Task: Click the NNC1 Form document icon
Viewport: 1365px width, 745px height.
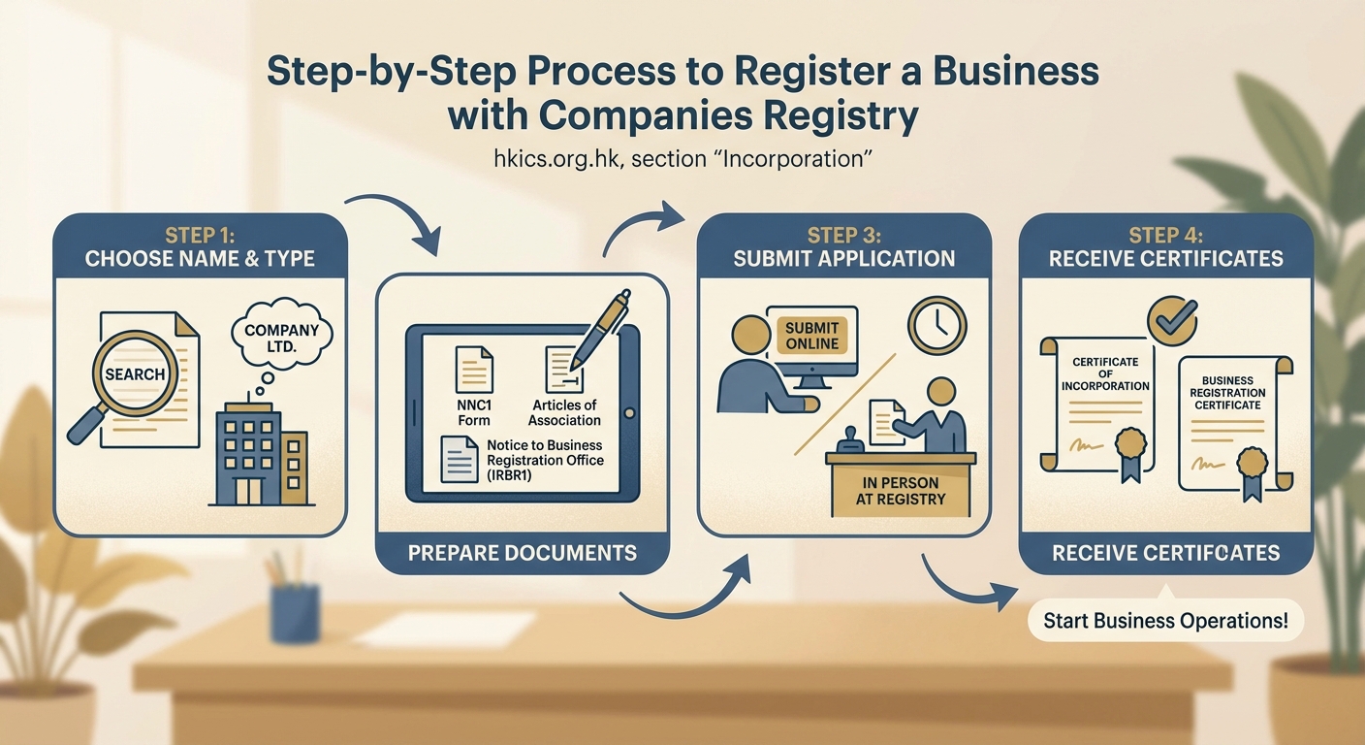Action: [474, 371]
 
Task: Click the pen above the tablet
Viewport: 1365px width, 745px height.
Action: [599, 330]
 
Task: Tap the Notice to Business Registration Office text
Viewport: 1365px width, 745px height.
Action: [545, 460]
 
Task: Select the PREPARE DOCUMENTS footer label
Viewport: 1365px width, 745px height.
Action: [523, 553]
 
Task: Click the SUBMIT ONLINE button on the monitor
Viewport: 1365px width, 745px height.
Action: [810, 336]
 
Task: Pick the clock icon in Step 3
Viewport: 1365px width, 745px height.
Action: [937, 325]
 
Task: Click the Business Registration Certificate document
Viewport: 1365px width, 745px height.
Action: [1229, 423]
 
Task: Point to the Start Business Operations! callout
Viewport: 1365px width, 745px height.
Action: [1165, 621]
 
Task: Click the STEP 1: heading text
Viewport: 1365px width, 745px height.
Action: [200, 236]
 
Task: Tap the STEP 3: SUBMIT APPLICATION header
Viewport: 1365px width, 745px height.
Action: [843, 247]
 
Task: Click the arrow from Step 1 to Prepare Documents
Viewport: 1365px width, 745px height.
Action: [397, 218]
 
